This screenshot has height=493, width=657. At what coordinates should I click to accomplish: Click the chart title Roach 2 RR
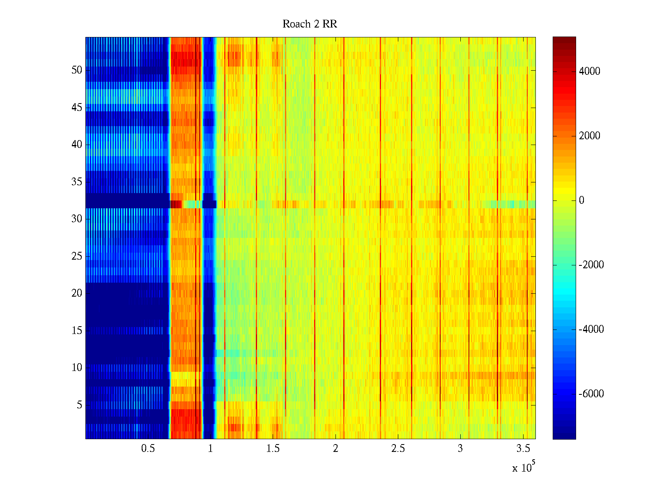[310, 24]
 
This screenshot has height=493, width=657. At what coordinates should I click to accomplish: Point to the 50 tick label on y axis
[77, 70]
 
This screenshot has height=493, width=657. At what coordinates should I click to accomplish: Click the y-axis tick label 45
[77, 108]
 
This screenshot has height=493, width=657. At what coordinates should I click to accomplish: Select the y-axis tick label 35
[77, 182]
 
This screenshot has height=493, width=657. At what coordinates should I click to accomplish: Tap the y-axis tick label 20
[77, 293]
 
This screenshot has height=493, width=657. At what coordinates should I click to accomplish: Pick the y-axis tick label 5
[79, 405]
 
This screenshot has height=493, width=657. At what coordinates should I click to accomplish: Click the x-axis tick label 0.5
[148, 449]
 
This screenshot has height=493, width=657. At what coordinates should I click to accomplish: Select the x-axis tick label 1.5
[273, 449]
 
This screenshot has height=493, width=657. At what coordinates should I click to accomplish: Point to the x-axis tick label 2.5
[398, 449]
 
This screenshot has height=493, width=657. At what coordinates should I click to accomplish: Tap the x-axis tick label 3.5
[523, 449]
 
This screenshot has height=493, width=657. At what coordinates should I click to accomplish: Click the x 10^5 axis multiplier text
[524, 468]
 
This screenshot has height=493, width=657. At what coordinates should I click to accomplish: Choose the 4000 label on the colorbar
[589, 71]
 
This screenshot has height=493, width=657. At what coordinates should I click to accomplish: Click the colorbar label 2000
[589, 136]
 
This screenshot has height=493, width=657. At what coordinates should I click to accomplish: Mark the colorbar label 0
[581, 200]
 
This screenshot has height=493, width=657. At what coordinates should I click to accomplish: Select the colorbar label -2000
[591, 265]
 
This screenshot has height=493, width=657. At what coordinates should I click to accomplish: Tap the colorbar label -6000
[591, 394]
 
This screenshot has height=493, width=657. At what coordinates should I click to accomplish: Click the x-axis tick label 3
[460, 449]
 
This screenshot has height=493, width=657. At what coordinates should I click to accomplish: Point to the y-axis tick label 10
[77, 368]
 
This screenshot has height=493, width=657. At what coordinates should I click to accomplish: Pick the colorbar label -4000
[591, 329]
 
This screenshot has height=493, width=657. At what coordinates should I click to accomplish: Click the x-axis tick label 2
[335, 449]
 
